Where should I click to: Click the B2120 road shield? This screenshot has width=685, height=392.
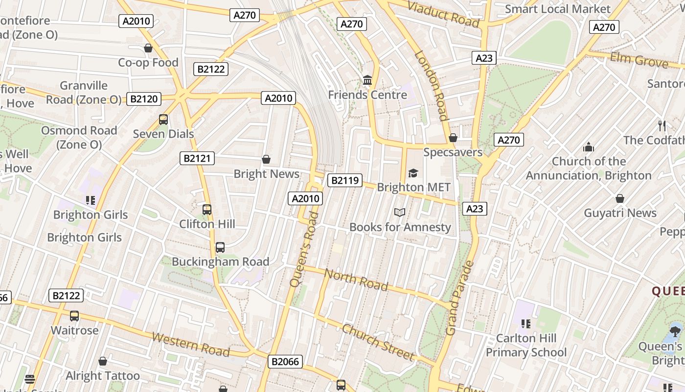pyautogui.click(x=144, y=99)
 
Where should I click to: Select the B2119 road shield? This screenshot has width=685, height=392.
pyautogui.click(x=345, y=180)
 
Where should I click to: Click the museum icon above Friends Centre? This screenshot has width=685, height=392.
pyautogui.click(x=367, y=79)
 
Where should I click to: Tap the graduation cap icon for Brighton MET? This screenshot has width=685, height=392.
pyautogui.click(x=413, y=173)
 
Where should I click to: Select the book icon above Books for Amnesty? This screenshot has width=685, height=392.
pyautogui.click(x=400, y=212)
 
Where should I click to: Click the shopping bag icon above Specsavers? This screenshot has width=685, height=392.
pyautogui.click(x=453, y=138)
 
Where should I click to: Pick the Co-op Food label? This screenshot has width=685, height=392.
pyautogui.click(x=148, y=62)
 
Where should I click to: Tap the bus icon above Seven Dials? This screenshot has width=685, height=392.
pyautogui.click(x=163, y=120)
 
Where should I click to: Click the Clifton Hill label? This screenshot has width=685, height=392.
pyautogui.click(x=207, y=224)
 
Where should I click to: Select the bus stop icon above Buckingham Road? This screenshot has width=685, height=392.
pyautogui.click(x=220, y=247)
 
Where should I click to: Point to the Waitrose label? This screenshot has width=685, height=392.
pyautogui.click(x=74, y=330)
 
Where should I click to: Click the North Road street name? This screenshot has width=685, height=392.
pyautogui.click(x=357, y=280)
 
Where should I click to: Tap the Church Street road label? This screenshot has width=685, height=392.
pyautogui.click(x=378, y=342)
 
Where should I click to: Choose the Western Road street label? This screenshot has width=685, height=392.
pyautogui.click(x=191, y=344)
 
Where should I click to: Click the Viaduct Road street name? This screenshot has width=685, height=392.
pyautogui.click(x=443, y=14)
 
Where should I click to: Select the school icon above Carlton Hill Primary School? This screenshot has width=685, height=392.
pyautogui.click(x=526, y=323)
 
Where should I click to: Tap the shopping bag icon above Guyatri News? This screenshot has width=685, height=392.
pyautogui.click(x=620, y=198)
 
